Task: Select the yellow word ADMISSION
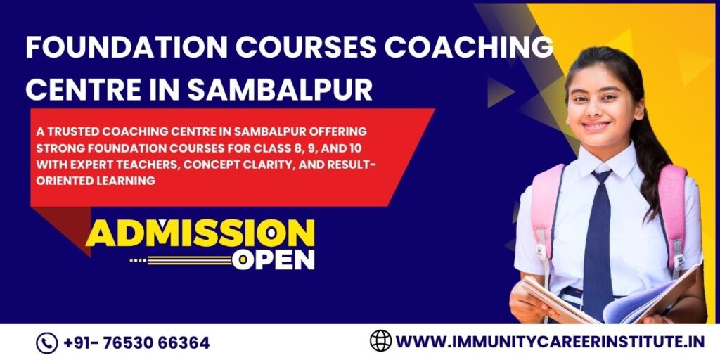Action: (x=200, y=233)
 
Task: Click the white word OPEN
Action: (x=274, y=259)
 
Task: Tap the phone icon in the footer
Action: (x=46, y=343)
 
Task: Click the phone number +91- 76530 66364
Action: (x=136, y=343)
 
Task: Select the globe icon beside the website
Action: (x=380, y=341)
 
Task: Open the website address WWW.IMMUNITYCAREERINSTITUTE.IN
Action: (x=551, y=342)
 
